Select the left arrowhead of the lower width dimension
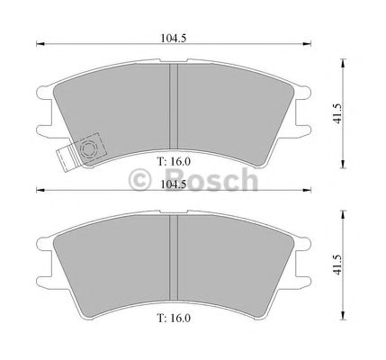tap(39, 191)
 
